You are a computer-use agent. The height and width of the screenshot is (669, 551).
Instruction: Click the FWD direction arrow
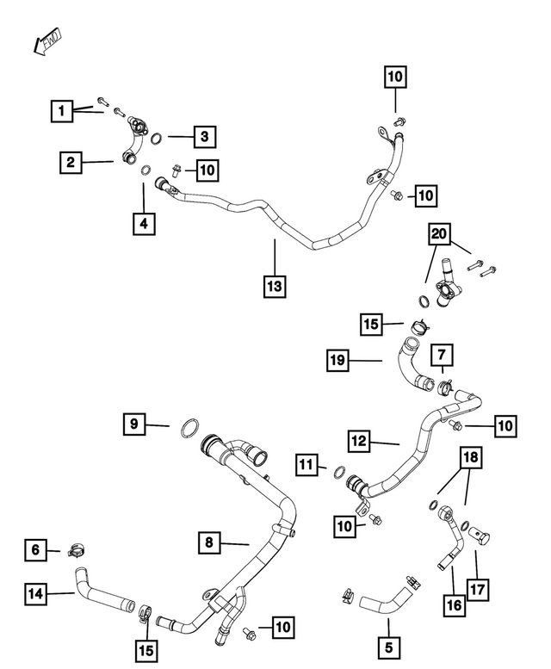tap(47, 41)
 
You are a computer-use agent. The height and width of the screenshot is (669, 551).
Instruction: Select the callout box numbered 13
tap(275, 286)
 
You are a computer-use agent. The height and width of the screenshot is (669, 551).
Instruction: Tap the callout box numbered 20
tap(439, 234)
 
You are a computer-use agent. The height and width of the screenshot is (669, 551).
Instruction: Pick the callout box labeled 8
tap(209, 542)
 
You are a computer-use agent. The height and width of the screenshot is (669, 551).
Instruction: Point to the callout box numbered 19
tap(337, 360)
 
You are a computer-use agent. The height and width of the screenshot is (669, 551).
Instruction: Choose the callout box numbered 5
tap(388, 647)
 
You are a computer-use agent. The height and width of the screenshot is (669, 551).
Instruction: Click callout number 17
tap(477, 589)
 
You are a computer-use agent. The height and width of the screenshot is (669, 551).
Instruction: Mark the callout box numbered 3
tap(205, 137)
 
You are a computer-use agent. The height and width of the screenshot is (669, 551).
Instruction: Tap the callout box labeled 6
tap(35, 549)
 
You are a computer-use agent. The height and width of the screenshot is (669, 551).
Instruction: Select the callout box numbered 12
tap(359, 441)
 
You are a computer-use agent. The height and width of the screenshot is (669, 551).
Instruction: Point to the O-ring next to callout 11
tap(339, 473)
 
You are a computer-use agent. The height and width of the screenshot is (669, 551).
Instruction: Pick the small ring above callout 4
tap(145, 170)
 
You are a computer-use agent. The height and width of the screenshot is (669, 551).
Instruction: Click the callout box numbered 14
tap(36, 593)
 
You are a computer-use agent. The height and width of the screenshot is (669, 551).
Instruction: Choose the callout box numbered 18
tap(471, 457)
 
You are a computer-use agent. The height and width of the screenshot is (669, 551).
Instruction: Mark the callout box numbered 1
tap(62, 111)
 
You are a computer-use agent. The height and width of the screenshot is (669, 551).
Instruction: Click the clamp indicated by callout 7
tap(445, 386)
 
